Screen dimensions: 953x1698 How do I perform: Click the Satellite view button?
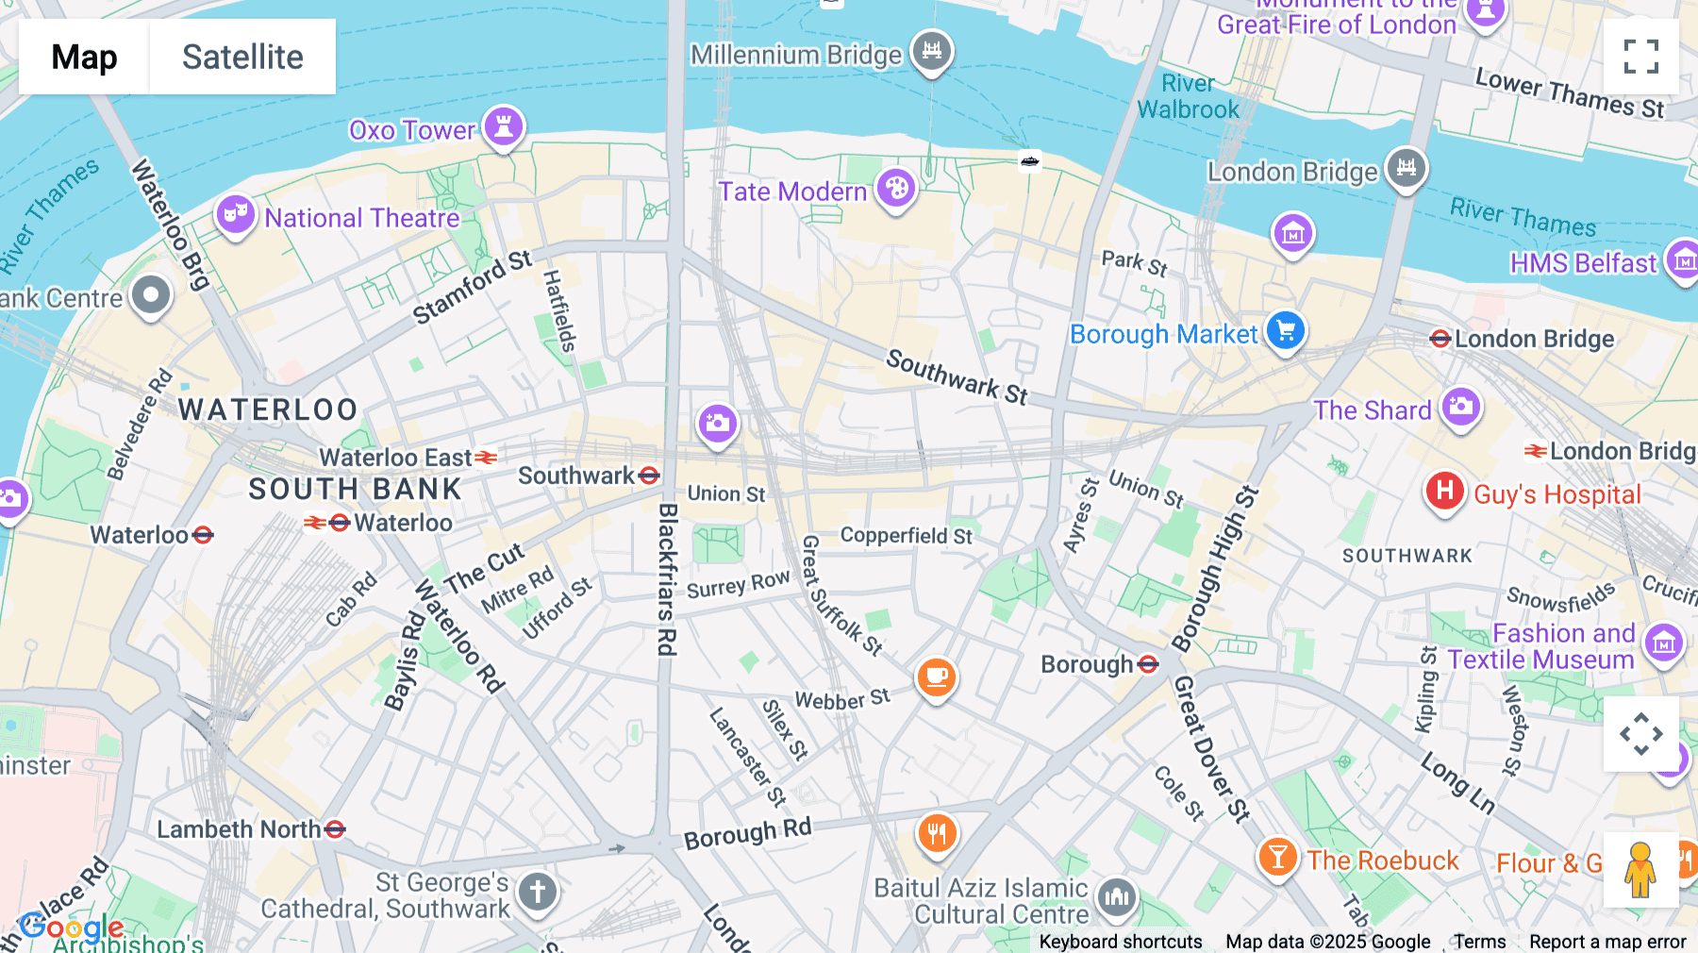click(242, 57)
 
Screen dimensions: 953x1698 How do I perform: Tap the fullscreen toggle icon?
click(1640, 57)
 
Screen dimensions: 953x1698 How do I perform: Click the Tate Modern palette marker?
click(896, 189)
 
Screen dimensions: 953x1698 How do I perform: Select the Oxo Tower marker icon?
click(504, 126)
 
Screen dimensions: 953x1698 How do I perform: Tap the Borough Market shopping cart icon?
click(1285, 331)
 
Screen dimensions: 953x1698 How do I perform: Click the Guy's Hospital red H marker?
click(1444, 492)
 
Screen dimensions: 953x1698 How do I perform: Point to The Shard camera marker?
click(1460, 408)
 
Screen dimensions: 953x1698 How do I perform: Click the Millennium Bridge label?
click(796, 56)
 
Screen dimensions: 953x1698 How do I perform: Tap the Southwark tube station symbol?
click(649, 476)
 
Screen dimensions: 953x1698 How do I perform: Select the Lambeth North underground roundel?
click(335, 829)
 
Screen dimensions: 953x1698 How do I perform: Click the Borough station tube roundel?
click(1148, 664)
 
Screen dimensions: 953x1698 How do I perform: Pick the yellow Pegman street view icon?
click(1640, 870)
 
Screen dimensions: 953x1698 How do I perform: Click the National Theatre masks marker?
click(235, 214)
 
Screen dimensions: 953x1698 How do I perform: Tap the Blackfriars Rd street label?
click(667, 579)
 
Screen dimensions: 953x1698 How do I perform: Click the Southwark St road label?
click(957, 376)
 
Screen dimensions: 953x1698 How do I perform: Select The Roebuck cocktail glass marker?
click(1277, 858)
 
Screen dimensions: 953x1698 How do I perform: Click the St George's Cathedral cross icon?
click(538, 891)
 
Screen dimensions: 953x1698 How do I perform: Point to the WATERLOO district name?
click(268, 410)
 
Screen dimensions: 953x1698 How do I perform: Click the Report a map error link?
click(1607, 942)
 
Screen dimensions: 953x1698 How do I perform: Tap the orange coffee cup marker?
click(936, 677)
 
